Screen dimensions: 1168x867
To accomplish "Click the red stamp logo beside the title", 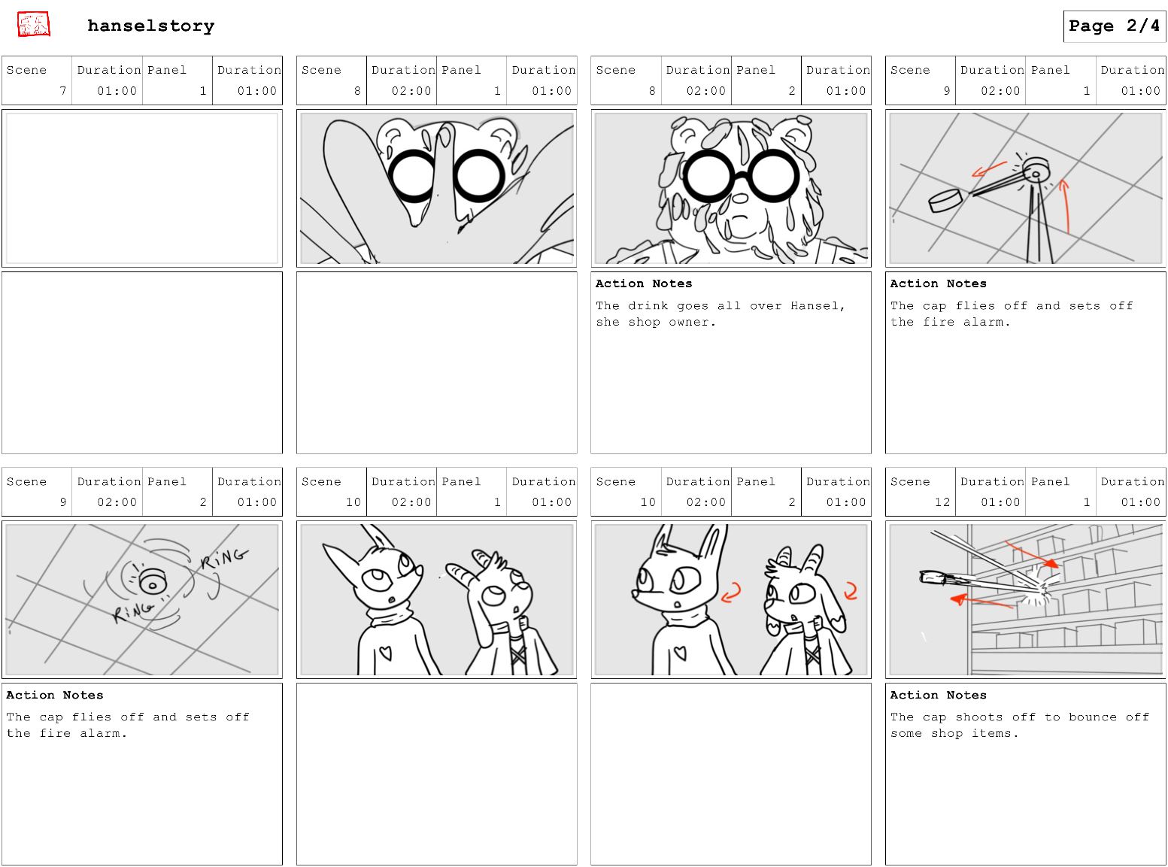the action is point(33,24).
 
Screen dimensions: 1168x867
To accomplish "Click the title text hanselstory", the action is point(150,26).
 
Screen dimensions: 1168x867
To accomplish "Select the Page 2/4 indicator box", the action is point(1114,26).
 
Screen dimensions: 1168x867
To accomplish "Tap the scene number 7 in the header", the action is point(63,90).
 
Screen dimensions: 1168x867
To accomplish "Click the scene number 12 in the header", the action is point(942,502).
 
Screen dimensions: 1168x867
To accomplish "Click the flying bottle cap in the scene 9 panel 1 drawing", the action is point(945,200).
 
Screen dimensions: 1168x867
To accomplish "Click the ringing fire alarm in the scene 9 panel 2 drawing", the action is point(152,581).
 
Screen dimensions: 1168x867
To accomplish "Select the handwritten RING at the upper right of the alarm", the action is point(223,558).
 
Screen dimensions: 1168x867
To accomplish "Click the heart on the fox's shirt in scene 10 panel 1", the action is point(386,653).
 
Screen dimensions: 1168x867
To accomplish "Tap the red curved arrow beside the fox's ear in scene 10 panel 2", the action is point(732,593).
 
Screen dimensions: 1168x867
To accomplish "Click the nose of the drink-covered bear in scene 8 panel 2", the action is point(740,199).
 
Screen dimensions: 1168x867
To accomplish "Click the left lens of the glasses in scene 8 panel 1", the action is point(414,176).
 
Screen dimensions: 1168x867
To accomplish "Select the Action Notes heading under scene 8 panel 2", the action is point(644,283).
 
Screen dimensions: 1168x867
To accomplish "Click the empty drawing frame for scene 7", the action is point(141,188).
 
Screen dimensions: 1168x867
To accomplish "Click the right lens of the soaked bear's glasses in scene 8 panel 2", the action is point(774,176).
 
